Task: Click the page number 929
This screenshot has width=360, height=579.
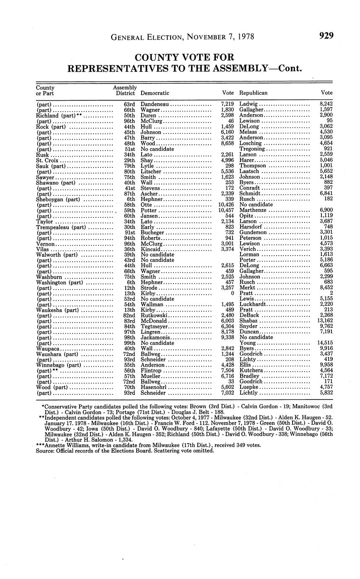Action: [x=326, y=36]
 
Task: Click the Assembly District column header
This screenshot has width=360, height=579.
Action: [x=125, y=90]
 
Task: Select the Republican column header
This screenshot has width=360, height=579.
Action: [x=253, y=93]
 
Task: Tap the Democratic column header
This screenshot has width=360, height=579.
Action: [x=155, y=93]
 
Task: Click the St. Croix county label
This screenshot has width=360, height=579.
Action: [x=47, y=160]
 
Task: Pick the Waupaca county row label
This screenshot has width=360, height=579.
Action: [x=48, y=349]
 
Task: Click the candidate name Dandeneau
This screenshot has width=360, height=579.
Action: [x=155, y=103]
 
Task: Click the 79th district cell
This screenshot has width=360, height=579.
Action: [x=129, y=166]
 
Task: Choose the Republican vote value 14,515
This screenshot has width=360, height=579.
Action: [x=323, y=343]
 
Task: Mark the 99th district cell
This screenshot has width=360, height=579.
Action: [x=129, y=343]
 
